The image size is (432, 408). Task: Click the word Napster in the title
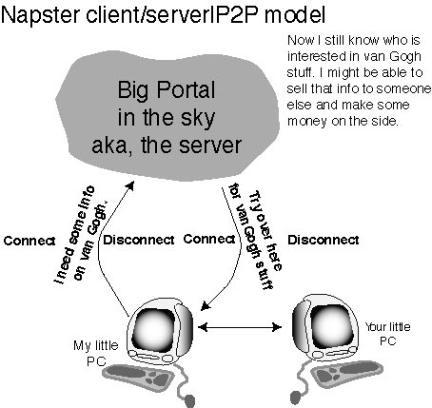coord(41,16)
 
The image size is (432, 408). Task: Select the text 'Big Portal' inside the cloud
coord(167,90)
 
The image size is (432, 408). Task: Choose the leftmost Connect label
coord(29,241)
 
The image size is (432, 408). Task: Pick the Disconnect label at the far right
coord(324,240)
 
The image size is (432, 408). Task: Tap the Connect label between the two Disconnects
coord(209,239)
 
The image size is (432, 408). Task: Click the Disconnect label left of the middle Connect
coord(139,240)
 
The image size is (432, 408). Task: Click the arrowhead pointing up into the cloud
coord(130,185)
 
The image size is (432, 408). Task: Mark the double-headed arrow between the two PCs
coord(240,327)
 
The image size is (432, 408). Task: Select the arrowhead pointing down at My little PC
coord(206,305)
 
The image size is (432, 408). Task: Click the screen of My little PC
coord(153,329)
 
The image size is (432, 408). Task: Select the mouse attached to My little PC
coord(189,400)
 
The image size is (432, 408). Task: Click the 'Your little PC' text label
coord(387,334)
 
